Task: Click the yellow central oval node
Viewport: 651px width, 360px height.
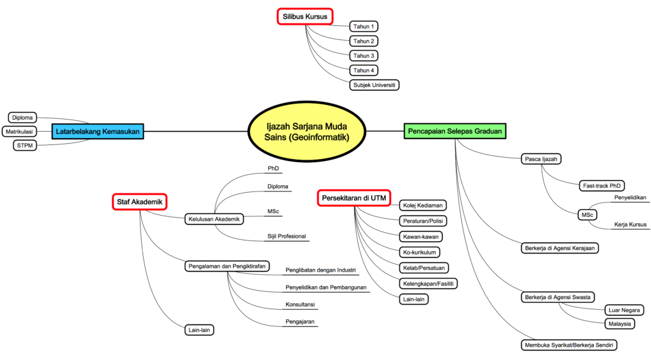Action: tap(307, 131)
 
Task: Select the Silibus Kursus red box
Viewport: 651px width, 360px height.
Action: tap(305, 17)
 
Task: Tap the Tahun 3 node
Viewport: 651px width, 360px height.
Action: tap(364, 55)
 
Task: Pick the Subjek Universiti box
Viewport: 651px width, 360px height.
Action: tap(374, 84)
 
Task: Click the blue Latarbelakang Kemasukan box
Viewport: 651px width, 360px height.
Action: tap(97, 132)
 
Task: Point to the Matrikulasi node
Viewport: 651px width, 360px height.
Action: tap(19, 132)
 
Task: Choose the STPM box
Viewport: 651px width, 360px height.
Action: tap(26, 146)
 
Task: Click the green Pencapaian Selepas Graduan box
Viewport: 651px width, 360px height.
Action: tap(455, 132)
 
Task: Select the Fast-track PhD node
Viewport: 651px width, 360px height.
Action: tap(601, 186)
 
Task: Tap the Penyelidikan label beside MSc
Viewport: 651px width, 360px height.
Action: tap(630, 198)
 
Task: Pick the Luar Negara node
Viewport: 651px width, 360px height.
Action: tap(623, 310)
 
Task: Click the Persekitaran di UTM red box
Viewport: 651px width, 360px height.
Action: tap(353, 198)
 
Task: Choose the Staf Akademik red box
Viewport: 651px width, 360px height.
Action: tap(139, 202)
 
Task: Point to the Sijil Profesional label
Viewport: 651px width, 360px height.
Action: tap(287, 237)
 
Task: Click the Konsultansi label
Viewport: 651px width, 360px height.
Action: tap(301, 305)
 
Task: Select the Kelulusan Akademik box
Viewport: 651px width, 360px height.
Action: tap(214, 219)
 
